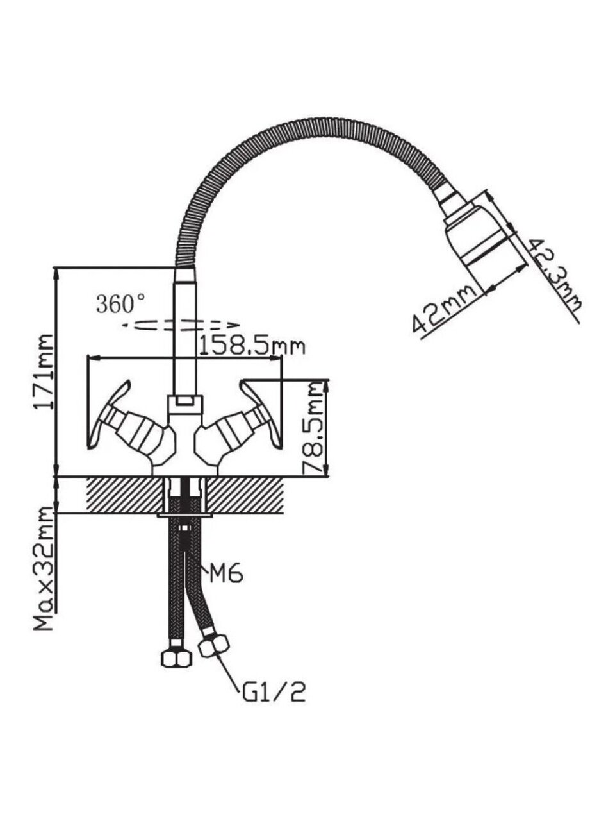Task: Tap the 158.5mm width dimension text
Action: tap(251, 346)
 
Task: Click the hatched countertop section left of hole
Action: tap(125, 494)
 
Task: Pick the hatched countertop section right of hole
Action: tap(247, 494)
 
